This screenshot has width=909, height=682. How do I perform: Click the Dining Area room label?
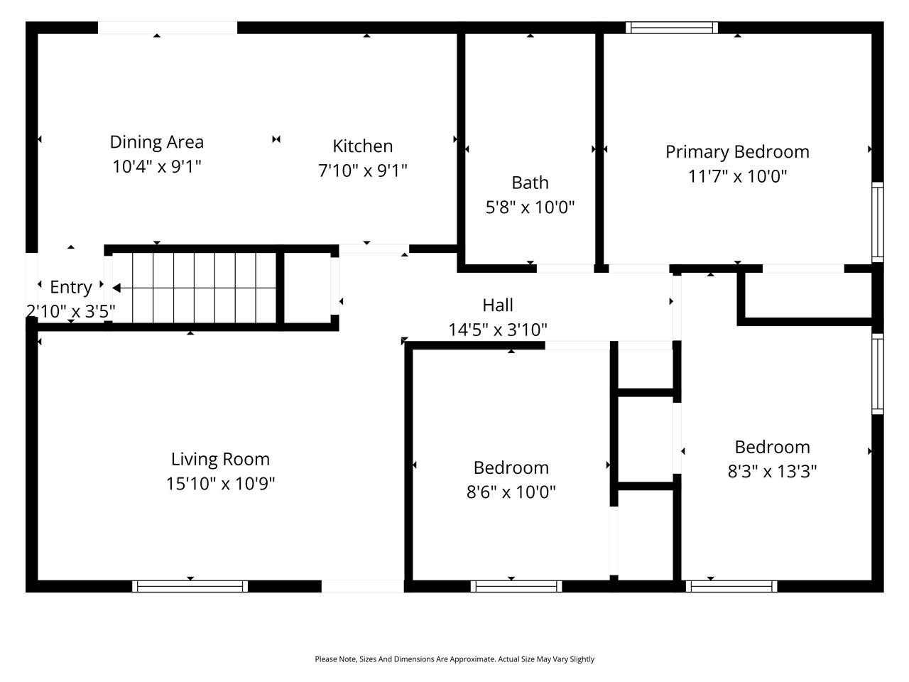pyautogui.click(x=156, y=142)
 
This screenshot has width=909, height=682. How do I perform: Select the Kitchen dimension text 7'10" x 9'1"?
pyautogui.click(x=362, y=170)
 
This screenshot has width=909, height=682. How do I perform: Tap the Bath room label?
pyautogui.click(x=530, y=183)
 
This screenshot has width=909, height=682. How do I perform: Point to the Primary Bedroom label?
pyautogui.click(x=737, y=152)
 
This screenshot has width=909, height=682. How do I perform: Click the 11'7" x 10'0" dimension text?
pyautogui.click(x=737, y=176)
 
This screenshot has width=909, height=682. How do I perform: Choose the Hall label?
pyautogui.click(x=497, y=305)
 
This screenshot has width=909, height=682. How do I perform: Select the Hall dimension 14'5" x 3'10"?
pyautogui.click(x=497, y=330)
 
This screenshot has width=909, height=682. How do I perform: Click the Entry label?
pyautogui.click(x=71, y=287)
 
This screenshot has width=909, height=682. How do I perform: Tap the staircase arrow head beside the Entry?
pyautogui.click(x=116, y=288)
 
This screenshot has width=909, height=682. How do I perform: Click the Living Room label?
pyautogui.click(x=220, y=459)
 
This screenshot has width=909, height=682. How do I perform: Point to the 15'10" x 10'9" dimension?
pyautogui.click(x=220, y=484)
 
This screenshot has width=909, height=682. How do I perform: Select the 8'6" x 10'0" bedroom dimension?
pyautogui.click(x=511, y=492)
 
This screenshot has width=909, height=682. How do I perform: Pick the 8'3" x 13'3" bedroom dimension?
pyautogui.click(x=772, y=472)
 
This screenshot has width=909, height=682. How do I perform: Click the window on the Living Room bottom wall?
pyautogui.click(x=190, y=586)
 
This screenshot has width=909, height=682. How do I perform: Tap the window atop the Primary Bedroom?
pyautogui.click(x=671, y=28)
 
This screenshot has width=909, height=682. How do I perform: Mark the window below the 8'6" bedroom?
pyautogui.click(x=516, y=586)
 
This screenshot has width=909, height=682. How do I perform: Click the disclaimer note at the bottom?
pyautogui.click(x=454, y=659)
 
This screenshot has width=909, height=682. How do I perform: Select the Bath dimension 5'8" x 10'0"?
pyautogui.click(x=530, y=207)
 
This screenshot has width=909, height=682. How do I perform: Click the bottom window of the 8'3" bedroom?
pyautogui.click(x=731, y=586)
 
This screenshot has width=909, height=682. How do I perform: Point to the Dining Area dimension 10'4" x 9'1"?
pyautogui.click(x=156, y=167)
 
